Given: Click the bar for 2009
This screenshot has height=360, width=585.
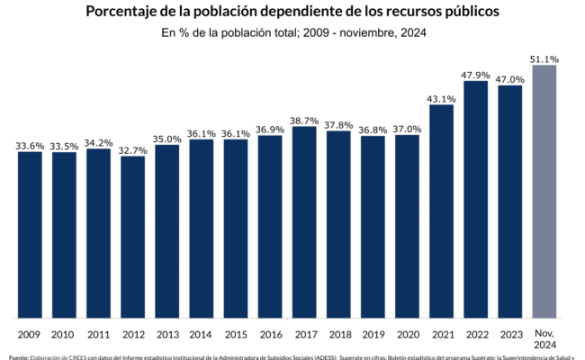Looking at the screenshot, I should tap(30, 234).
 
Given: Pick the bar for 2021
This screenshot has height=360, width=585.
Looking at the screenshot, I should tap(441, 211).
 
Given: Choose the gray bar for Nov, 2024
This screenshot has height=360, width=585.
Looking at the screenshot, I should tap(544, 191).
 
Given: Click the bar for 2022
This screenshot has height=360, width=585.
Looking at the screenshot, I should tap(476, 199).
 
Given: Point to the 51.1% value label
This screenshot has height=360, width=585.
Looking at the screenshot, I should tap(544, 59).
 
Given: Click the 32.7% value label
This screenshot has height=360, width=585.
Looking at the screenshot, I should tap(132, 149).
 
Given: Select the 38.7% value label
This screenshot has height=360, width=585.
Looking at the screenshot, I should tap(304, 120).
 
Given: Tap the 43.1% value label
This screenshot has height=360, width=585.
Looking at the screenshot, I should tap(441, 98).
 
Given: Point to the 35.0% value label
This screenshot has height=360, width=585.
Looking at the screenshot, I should tap(167, 139).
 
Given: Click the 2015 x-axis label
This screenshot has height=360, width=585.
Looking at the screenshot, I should tap(235, 335).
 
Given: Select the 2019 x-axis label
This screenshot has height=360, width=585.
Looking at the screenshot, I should tap(373, 335).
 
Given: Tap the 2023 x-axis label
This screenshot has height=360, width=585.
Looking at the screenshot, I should tap(510, 335).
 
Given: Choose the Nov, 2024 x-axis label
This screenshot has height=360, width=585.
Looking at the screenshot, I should tap(544, 338).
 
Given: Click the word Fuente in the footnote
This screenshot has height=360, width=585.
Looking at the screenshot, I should tap(18, 357).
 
